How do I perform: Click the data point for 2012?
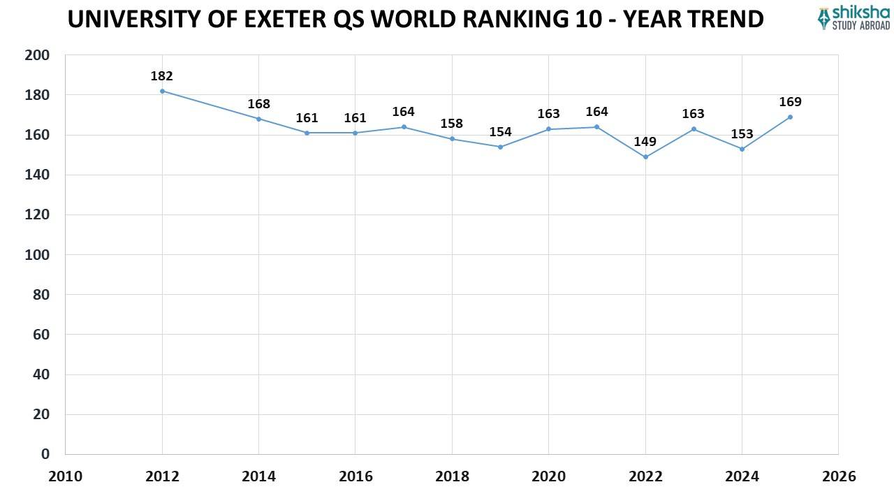click(162, 91)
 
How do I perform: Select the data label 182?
click(161, 76)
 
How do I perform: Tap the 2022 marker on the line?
click(645, 156)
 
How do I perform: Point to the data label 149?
click(645, 142)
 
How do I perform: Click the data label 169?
click(790, 103)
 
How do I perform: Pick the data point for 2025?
click(790, 117)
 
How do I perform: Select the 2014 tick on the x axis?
click(258, 476)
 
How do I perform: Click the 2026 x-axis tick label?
click(839, 476)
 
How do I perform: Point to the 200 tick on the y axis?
click(37, 55)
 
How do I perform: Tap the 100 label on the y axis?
click(37, 255)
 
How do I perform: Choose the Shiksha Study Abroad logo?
click(853, 18)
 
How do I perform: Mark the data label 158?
click(451, 124)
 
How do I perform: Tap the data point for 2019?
click(500, 147)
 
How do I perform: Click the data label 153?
click(742, 134)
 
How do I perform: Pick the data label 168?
click(258, 104)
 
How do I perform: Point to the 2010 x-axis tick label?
click(65, 476)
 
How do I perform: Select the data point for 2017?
click(404, 126)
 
